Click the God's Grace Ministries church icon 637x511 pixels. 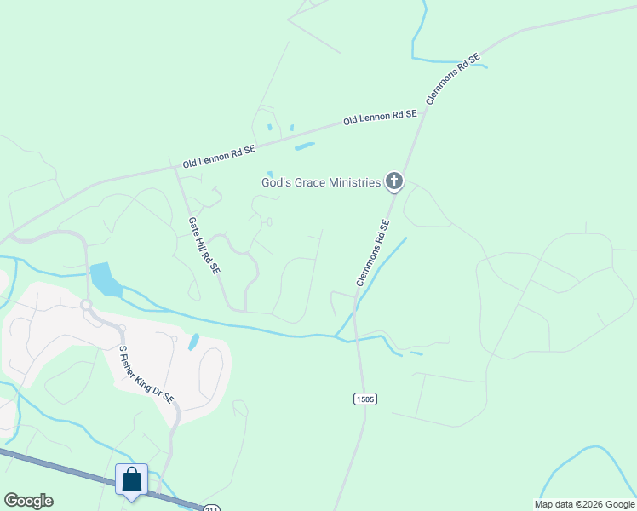(x=393, y=181)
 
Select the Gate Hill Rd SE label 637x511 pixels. (x=204, y=244)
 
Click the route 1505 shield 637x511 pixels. (x=364, y=399)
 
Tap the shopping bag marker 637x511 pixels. (x=132, y=479)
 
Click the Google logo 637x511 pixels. (x=28, y=501)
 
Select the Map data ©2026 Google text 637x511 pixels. (x=584, y=504)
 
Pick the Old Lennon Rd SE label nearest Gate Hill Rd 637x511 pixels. (x=219, y=156)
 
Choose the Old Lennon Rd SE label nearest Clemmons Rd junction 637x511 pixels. (x=380, y=118)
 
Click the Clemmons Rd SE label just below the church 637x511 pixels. (x=372, y=253)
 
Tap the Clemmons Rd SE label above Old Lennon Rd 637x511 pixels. (x=453, y=79)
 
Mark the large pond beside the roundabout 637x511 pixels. (x=104, y=278)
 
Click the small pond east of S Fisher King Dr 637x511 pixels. (x=193, y=342)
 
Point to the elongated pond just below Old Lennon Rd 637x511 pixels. (x=304, y=146)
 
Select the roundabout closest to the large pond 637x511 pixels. (x=86, y=304)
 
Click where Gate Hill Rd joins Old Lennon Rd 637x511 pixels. (x=175, y=167)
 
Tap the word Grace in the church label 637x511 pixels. (x=300, y=183)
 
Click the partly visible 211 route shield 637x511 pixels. (x=209, y=508)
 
